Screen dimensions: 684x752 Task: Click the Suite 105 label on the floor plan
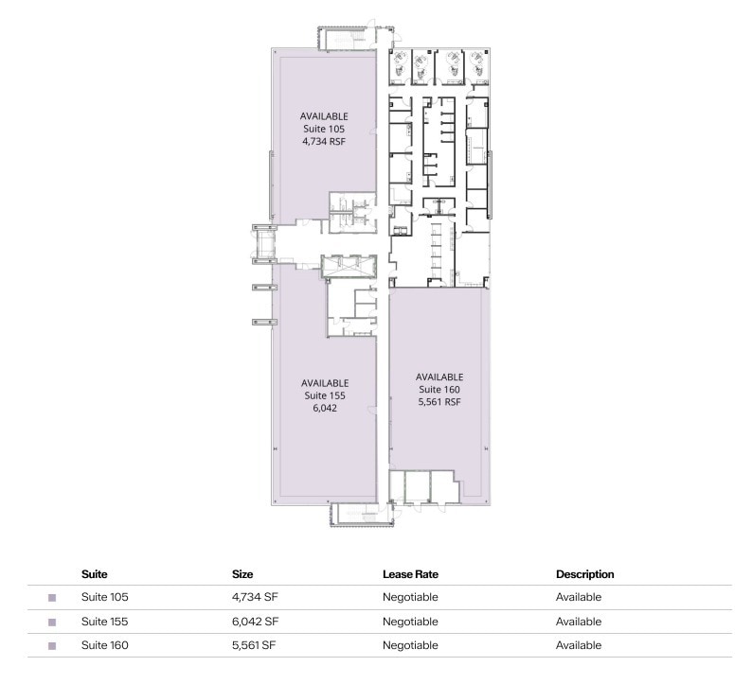point(324,128)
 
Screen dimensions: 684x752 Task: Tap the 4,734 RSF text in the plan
point(324,140)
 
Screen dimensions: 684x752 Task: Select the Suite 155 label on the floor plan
point(325,395)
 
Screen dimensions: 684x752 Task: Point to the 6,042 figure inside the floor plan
point(325,409)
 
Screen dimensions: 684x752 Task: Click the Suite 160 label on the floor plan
point(439,389)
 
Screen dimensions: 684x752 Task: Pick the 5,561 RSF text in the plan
point(439,401)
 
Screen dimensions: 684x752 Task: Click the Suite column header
point(94,574)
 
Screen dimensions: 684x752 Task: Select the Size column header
point(242,574)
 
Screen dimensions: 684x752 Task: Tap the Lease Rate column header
point(410,574)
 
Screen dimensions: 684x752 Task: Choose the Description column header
point(585,574)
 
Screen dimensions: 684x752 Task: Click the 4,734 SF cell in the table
point(254,598)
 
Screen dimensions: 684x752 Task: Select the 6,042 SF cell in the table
point(254,622)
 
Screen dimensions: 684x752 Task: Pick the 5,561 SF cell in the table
point(253,645)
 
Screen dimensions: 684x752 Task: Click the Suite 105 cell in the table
point(104,598)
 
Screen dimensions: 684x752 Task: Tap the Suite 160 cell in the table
point(104,645)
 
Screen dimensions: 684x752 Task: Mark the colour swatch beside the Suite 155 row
point(52,623)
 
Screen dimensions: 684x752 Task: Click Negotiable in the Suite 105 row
point(410,598)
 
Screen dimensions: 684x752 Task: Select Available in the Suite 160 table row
point(579,645)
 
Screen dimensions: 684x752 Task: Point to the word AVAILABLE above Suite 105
point(324,115)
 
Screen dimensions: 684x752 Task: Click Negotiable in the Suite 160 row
point(410,645)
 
